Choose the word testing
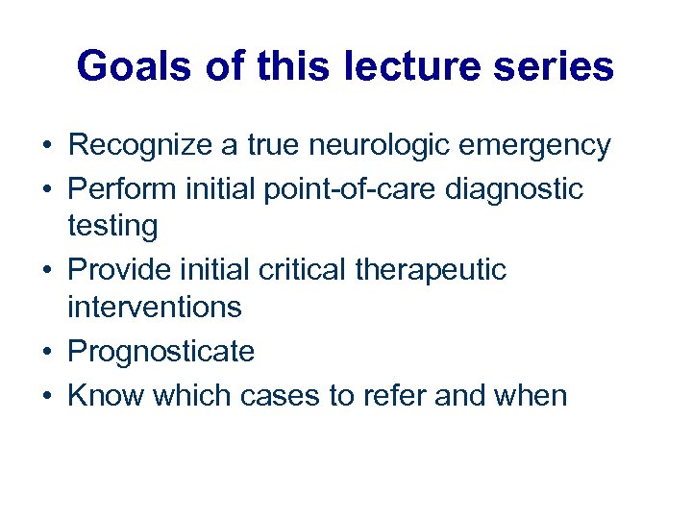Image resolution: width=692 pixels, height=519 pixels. (x=112, y=227)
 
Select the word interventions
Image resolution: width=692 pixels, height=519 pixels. (x=154, y=308)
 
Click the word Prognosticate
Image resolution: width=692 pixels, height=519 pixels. (x=161, y=352)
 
